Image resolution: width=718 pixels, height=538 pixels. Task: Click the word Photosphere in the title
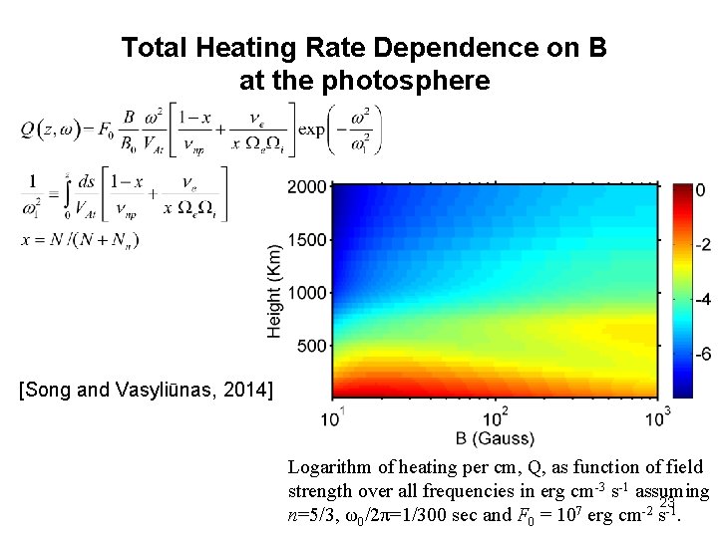(418, 79)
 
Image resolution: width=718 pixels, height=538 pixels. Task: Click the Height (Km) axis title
(275, 291)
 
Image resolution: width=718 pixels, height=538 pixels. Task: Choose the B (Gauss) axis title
(496, 438)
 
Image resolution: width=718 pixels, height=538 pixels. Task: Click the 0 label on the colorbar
(701, 189)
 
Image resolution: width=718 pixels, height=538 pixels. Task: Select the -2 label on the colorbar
(702, 245)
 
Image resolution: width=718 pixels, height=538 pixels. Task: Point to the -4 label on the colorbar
(702, 299)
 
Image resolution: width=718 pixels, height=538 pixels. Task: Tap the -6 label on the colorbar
(702, 354)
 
